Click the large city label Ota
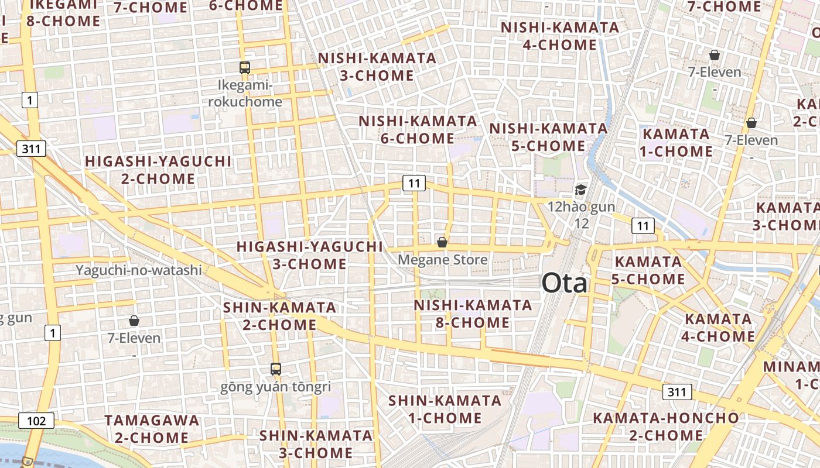click(564, 283)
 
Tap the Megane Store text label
click(442, 259)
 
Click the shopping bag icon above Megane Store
click(442, 242)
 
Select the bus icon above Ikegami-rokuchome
click(245, 67)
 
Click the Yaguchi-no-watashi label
click(139, 270)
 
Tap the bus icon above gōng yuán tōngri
click(276, 369)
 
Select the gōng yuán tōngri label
click(276, 387)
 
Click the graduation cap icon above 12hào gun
click(580, 189)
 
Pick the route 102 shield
click(36, 421)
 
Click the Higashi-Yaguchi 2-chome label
click(158, 170)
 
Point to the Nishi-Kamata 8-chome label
click(473, 314)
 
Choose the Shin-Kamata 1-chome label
click(445, 409)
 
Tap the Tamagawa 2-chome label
click(152, 429)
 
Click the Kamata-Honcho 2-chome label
click(666, 426)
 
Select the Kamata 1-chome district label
click(678, 143)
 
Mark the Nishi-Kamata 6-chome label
click(418, 130)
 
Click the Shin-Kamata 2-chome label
click(279, 316)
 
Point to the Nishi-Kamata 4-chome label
click(559, 36)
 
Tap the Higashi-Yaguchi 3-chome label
click(309, 255)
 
